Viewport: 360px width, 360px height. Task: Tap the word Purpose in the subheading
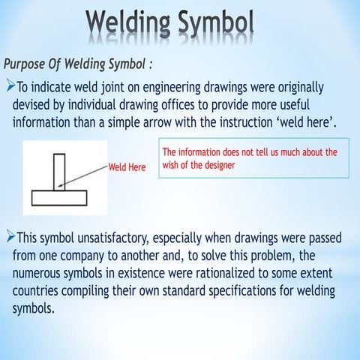pos(31,61)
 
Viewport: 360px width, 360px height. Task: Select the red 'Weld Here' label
pos(127,167)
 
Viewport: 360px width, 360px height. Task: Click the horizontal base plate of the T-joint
pos(59,198)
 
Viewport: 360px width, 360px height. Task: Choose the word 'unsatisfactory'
pos(112,238)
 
